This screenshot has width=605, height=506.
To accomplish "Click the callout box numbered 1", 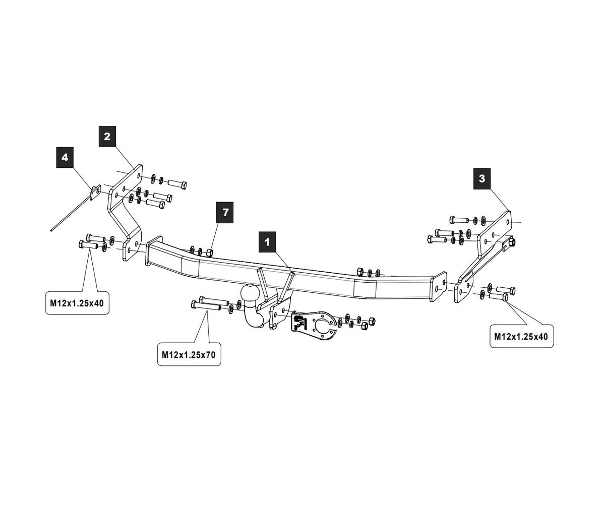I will [267, 242].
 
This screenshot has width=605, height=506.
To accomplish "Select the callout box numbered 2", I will [107, 136].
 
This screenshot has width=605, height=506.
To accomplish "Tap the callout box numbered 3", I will [482, 178].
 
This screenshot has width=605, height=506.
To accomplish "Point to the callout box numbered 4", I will [65, 158].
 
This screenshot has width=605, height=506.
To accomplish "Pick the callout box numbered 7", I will [225, 212].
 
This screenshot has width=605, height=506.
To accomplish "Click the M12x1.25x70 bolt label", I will [189, 355].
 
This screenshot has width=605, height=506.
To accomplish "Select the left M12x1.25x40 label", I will [77, 303].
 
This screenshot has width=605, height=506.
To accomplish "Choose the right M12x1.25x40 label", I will [521, 336].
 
